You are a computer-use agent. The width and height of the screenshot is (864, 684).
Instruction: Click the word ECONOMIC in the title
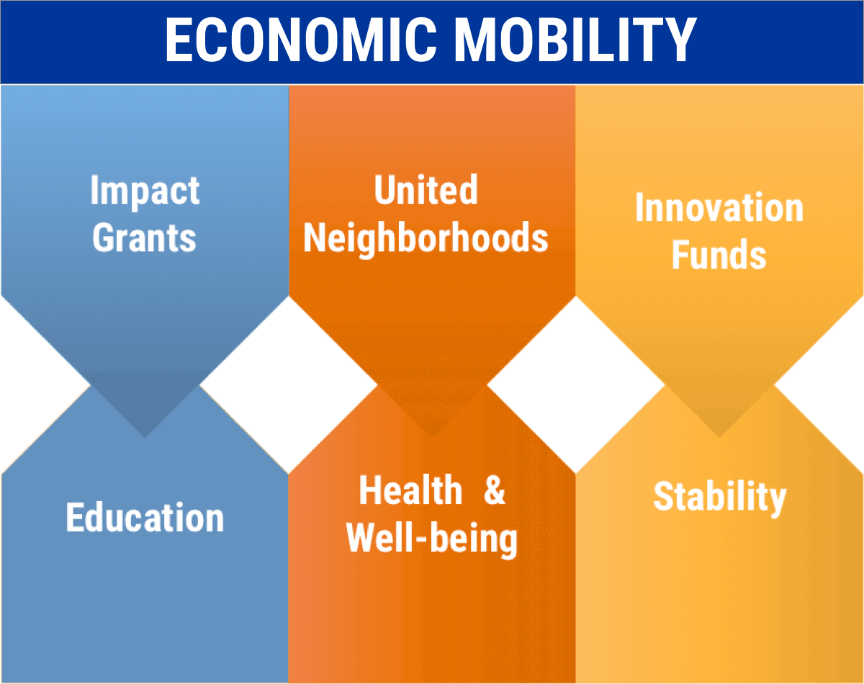[301, 40]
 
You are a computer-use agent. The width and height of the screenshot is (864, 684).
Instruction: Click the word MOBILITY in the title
[575, 40]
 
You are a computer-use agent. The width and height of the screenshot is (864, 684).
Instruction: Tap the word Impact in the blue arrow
[145, 192]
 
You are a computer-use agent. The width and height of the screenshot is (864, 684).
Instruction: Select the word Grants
[145, 238]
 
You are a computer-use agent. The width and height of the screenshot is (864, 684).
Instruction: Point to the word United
[426, 189]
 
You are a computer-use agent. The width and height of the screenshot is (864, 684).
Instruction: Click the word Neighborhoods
[426, 239]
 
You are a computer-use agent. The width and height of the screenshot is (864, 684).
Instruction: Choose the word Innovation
[719, 207]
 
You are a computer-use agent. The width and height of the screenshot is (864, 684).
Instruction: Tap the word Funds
[719, 254]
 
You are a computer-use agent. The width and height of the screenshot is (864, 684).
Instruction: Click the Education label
[145, 518]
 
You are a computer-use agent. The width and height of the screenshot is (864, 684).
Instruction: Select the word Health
[410, 490]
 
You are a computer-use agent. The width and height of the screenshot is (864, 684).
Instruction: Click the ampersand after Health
[494, 490]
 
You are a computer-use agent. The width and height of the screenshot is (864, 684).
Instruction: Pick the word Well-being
[432, 539]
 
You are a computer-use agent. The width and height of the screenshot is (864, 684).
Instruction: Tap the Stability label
[720, 498]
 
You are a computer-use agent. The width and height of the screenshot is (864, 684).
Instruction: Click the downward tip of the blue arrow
[145, 437]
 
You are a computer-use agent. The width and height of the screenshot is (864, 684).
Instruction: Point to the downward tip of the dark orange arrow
[432, 437]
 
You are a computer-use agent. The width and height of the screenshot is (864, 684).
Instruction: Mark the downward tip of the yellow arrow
[719, 437]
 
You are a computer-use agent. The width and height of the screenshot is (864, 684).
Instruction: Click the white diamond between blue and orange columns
[289, 385]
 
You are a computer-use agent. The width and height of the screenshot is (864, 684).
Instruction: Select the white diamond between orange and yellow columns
[576, 385]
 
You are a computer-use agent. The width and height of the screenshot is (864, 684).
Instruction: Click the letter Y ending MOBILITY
[678, 40]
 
